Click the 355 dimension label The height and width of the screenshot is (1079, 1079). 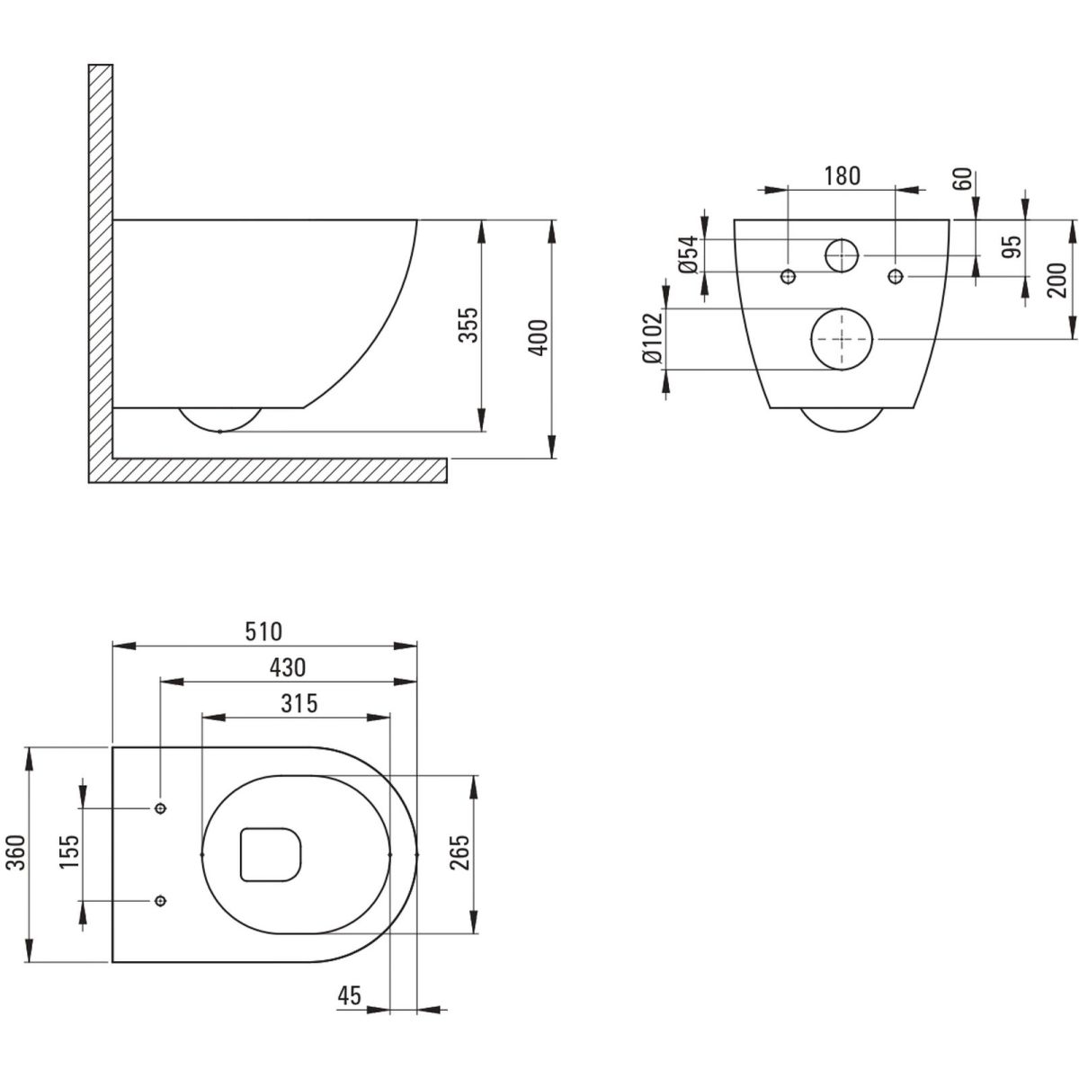point(468,325)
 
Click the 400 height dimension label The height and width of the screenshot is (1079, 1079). point(538,337)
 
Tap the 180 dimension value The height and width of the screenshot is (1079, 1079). point(842,176)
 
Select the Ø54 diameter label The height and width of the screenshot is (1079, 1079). point(690,254)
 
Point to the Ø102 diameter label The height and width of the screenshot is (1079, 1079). point(653,338)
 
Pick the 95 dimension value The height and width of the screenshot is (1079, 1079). point(1012,246)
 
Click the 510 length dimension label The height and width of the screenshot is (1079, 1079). point(263,631)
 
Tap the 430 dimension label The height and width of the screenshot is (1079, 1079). point(288,667)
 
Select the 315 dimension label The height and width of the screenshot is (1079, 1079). point(299,703)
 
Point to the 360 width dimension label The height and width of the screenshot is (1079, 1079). point(16,852)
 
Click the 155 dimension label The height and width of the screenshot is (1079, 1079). point(70,852)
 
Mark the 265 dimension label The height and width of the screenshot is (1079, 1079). point(459,852)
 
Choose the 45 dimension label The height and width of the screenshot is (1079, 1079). point(350,995)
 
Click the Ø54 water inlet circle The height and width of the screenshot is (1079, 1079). point(843,255)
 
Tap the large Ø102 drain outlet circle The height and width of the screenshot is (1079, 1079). point(843,339)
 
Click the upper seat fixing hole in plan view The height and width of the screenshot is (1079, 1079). point(161,808)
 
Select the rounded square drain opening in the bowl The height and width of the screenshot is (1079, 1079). point(271,854)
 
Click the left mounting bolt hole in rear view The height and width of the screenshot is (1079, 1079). point(789,275)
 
